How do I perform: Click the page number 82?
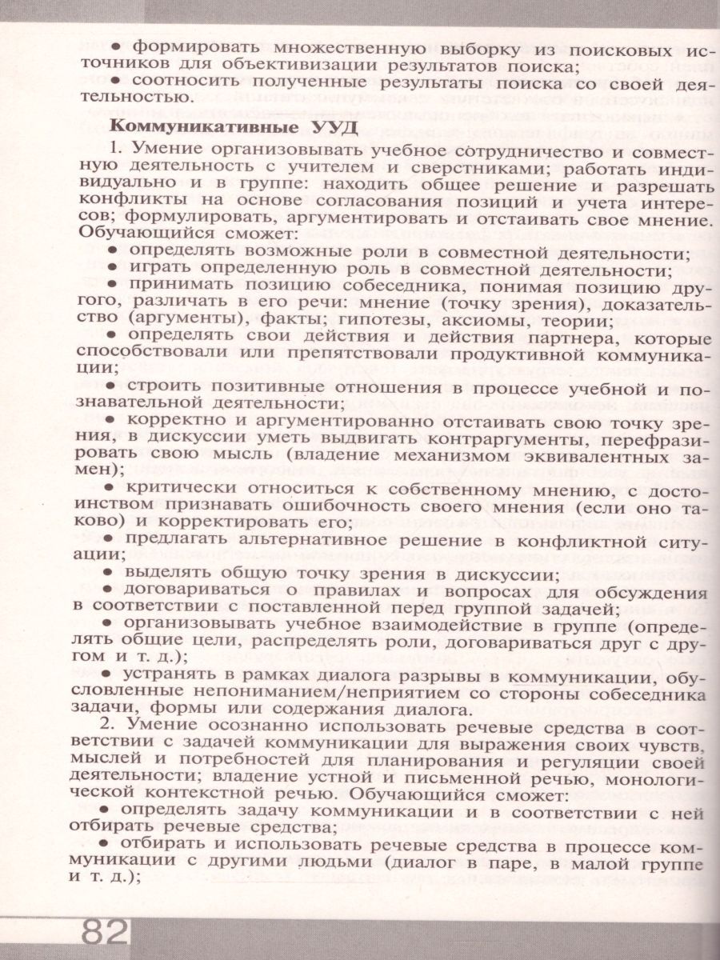(x=105, y=934)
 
